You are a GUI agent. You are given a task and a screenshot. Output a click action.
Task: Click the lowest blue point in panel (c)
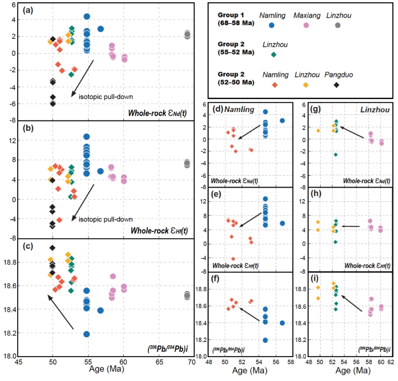point(87,334)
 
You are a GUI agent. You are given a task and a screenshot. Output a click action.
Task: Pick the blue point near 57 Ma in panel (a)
point(101,29)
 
